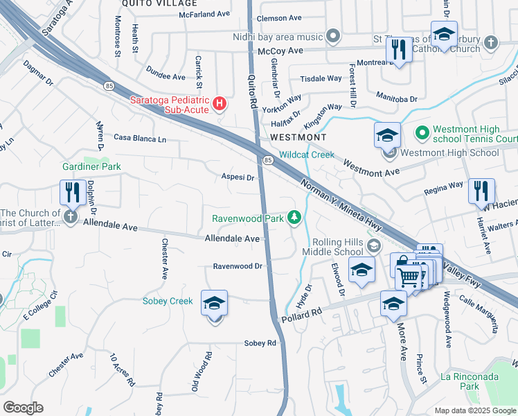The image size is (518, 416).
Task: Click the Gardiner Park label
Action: (91, 166)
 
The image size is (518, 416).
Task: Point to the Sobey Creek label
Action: (168, 301)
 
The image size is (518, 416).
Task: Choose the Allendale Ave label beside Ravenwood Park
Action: (232, 238)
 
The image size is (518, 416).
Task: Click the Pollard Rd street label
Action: (302, 316)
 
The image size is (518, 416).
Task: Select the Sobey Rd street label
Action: (260, 343)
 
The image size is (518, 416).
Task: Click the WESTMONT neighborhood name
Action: (298, 137)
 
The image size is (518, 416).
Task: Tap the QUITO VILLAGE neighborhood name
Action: (150, 3)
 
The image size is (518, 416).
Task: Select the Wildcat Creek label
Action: (307, 155)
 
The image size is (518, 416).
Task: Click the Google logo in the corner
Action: (23, 408)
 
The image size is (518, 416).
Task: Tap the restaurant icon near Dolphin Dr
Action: (72, 191)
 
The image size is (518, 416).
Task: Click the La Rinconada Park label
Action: (461, 382)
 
